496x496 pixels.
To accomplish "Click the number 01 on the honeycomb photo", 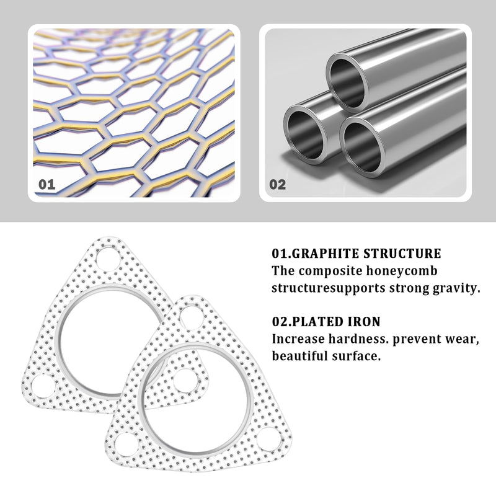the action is point(47,184).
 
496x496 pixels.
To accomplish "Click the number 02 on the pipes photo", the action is point(277,184).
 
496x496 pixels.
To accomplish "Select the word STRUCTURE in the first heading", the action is point(402,254).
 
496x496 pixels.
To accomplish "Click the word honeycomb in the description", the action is point(402,272).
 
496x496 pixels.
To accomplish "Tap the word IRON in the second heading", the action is point(364,322).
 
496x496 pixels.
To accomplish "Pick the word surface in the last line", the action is point(356,356).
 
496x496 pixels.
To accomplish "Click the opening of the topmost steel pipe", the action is point(347,84).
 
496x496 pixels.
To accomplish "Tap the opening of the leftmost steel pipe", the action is point(305,135).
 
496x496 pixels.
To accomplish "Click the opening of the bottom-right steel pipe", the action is point(362,147).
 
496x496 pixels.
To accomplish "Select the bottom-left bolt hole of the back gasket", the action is point(44,386).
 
